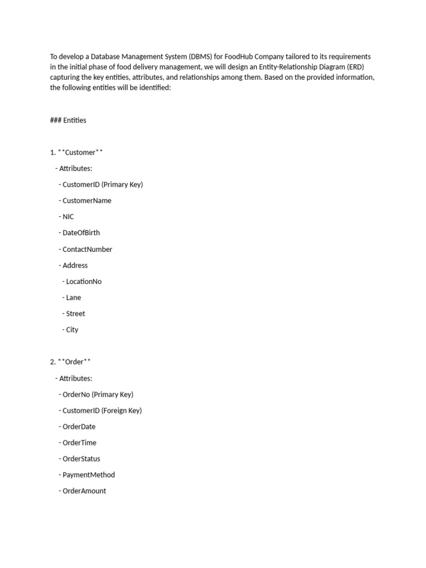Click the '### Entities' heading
(68, 120)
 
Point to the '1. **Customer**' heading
(77, 153)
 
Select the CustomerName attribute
(87, 201)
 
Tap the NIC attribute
(68, 217)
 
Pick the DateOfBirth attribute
(81, 233)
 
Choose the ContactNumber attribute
(87, 249)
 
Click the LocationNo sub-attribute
(84, 281)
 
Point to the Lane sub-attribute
(73, 297)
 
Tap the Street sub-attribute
(75, 313)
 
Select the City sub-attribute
(72, 329)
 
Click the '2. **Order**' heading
(70, 362)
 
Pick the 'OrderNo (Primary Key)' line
(98, 394)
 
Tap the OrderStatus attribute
(81, 459)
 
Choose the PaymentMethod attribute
(89, 475)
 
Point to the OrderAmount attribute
(84, 491)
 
